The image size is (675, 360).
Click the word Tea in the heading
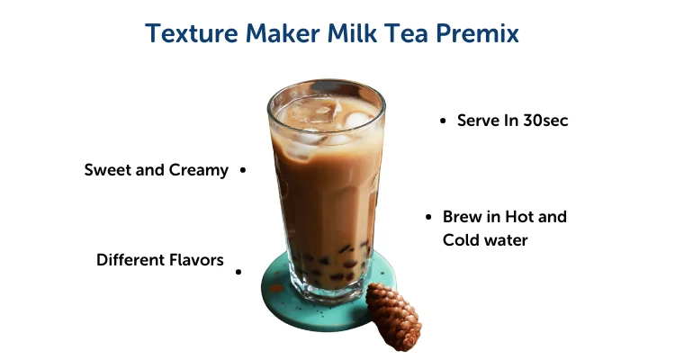(x=404, y=34)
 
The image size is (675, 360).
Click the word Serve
(x=478, y=121)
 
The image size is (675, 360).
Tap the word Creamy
(x=199, y=170)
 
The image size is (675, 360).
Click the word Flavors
(x=196, y=260)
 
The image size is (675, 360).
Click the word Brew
(x=462, y=217)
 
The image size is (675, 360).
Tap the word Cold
(x=461, y=240)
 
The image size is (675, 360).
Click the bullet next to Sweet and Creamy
(x=243, y=170)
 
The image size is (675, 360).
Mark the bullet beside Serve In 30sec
(x=443, y=121)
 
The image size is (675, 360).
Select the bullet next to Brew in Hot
(x=428, y=217)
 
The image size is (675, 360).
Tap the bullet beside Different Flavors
(x=238, y=270)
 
